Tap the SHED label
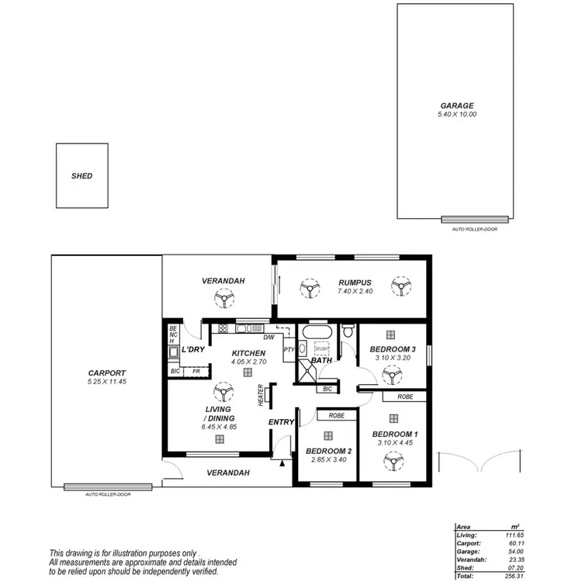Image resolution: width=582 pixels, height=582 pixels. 81,176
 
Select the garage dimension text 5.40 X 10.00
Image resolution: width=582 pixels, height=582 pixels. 456,115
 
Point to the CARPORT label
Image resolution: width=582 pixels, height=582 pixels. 107,373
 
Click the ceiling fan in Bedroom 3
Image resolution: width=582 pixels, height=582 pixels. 391,376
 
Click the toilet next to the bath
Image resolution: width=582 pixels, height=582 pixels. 348,333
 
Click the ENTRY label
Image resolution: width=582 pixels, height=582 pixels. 281,422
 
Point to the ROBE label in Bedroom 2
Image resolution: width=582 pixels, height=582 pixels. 336,416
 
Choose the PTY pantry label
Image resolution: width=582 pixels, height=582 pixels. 289,350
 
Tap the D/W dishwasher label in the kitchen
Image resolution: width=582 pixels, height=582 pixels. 268,338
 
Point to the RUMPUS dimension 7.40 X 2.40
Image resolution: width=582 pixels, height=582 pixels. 355,291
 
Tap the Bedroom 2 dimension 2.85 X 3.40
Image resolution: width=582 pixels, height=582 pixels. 328,459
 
